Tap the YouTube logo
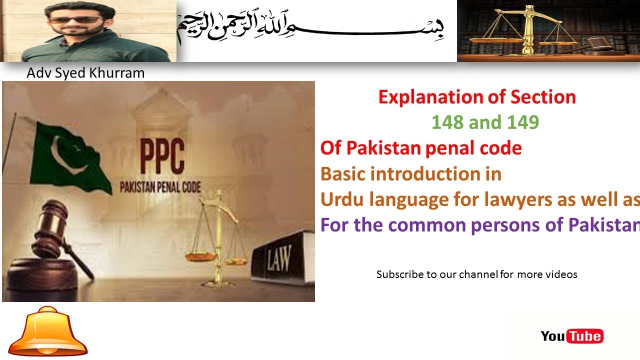[x=572, y=336]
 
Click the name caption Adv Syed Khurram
[x=85, y=73]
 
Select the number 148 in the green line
[x=447, y=122]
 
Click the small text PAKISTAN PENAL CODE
[x=160, y=188]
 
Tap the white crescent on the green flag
[x=70, y=153]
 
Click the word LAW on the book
[x=278, y=260]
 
